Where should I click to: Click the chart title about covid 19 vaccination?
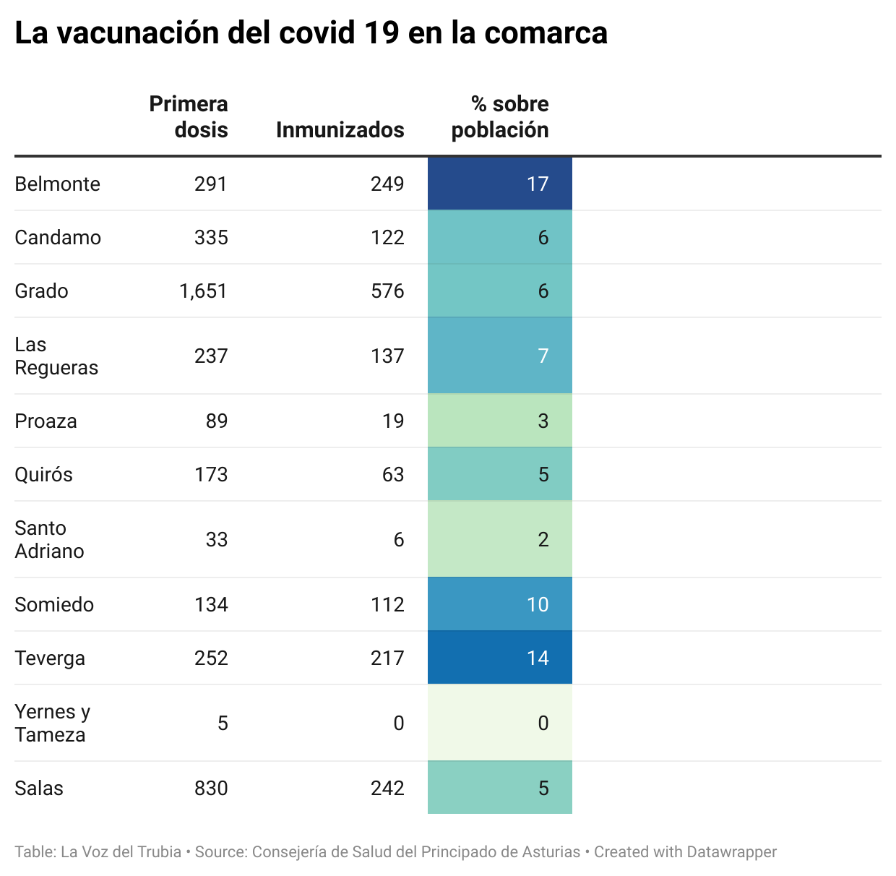click(311, 33)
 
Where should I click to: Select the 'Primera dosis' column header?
click(189, 116)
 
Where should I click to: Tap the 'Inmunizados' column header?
click(340, 129)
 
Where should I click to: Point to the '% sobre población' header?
click(500, 116)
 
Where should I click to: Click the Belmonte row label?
click(57, 184)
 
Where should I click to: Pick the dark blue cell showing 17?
click(500, 184)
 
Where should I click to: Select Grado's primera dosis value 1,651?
click(203, 291)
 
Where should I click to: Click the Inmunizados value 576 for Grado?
click(387, 291)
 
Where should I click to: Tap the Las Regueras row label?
click(56, 356)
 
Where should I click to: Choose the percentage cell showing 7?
click(500, 356)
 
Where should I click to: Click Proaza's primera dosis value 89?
click(216, 421)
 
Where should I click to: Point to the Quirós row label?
click(43, 474)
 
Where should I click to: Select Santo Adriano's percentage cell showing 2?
click(500, 539)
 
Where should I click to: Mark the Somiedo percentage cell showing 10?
click(500, 604)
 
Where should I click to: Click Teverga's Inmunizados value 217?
click(387, 658)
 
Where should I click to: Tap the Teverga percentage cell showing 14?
click(500, 658)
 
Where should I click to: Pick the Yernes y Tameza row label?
click(52, 723)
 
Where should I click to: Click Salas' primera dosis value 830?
click(211, 788)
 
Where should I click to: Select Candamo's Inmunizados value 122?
click(387, 237)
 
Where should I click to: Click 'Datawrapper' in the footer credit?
click(731, 852)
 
